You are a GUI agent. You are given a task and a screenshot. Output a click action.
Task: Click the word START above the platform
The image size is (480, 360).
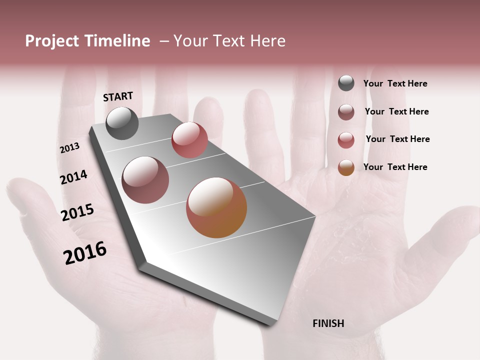118,96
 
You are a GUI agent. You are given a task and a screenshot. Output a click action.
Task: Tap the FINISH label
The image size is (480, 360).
328,323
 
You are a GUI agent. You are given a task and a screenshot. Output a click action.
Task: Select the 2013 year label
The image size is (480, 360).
69,148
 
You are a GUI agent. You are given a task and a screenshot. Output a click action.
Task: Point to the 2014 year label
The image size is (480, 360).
73,177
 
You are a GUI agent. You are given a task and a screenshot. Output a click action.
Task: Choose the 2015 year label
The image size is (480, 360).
77,212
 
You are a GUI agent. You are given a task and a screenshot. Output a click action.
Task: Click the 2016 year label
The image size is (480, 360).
85,252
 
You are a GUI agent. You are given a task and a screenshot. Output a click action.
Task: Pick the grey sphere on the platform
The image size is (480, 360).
122,123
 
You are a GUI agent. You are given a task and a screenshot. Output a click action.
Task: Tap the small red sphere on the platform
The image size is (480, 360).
189,140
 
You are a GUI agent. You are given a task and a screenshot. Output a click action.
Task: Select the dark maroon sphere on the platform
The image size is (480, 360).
145,180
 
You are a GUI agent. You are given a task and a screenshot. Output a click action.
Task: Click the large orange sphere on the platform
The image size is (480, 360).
216,207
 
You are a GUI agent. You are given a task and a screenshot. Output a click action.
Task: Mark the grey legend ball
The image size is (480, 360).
346,83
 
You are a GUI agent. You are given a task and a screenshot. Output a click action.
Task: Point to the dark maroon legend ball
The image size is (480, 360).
346,112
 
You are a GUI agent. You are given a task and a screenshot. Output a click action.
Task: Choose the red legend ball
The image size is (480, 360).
346,140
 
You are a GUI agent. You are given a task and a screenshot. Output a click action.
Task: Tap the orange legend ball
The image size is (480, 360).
346,167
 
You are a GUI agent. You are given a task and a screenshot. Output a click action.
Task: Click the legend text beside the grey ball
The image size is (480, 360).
395,84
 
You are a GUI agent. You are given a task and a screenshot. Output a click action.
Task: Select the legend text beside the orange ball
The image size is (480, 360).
395,167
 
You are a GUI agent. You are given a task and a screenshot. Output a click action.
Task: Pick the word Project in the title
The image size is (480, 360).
52,41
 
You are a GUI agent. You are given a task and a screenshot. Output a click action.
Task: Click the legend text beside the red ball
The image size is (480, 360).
397,139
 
